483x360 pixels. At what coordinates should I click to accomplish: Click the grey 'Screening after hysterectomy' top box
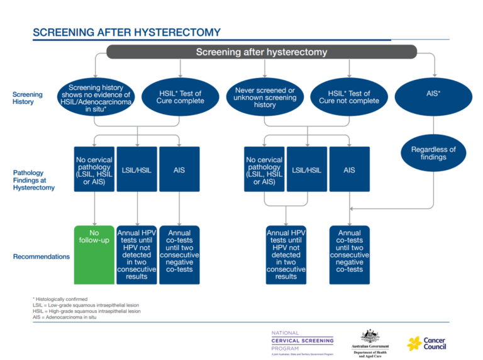coord(262,52)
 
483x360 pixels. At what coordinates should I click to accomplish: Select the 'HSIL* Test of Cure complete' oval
coord(181,97)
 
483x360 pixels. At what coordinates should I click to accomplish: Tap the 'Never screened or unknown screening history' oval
coord(265,97)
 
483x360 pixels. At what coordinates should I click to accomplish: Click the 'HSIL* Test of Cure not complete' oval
coord(349,97)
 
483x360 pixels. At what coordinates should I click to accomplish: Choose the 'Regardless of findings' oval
coord(433,153)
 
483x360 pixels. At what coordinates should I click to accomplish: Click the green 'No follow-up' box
coord(94,254)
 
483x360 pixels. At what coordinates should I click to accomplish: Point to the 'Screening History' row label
coord(28,98)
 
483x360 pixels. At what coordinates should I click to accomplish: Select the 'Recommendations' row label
coord(41,257)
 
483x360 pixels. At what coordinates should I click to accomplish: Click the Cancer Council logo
coord(427,343)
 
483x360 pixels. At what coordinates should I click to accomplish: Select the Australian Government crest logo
coord(369,342)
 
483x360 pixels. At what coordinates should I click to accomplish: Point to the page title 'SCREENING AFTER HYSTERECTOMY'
coord(126,32)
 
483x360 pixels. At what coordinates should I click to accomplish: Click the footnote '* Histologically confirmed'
coord(60,299)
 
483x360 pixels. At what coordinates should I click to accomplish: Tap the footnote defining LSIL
coord(86,305)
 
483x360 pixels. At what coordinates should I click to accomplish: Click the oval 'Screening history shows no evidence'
coord(96,97)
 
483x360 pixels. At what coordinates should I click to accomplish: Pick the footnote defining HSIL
coord(86,311)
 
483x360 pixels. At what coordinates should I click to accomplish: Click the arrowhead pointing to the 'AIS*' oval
coord(433,72)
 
